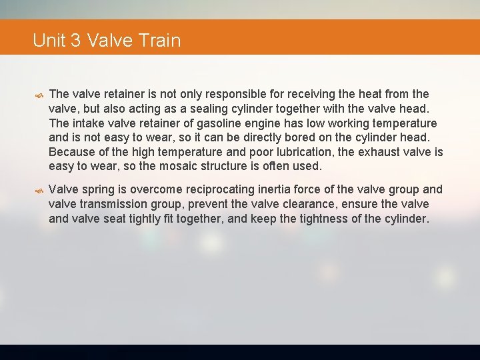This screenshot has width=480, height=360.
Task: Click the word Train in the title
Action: (x=160, y=41)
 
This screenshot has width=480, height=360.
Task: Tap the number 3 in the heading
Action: (x=75, y=41)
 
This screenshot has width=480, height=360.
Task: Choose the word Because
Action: (x=72, y=152)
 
